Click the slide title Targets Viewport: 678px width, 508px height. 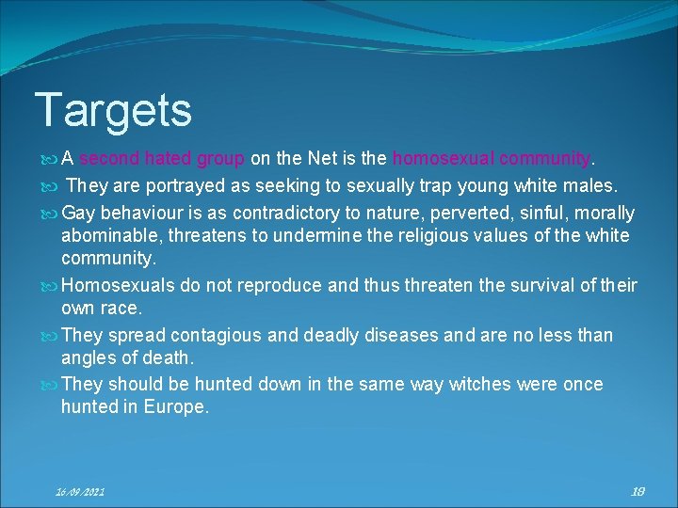(113, 110)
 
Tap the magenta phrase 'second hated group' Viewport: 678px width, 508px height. (163, 157)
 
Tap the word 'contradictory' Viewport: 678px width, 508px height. (274, 214)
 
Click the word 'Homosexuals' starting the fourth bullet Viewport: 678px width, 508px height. (117, 285)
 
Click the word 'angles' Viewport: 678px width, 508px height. (88, 357)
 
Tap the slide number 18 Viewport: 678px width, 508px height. (638, 490)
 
